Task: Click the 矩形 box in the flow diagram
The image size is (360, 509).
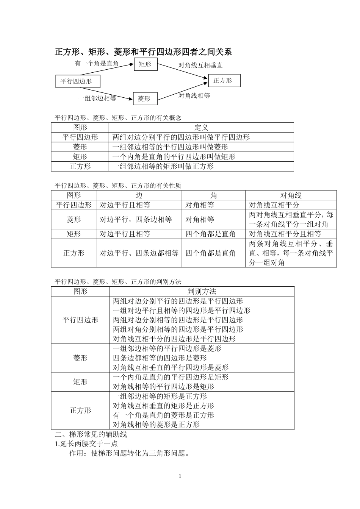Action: tap(146, 64)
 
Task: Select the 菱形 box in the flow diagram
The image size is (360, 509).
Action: tap(144, 98)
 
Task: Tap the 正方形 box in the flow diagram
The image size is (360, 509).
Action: tap(224, 80)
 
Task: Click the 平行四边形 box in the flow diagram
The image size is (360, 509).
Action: tap(77, 81)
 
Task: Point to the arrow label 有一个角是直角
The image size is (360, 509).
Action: tap(97, 63)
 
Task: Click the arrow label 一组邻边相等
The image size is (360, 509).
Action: tap(97, 98)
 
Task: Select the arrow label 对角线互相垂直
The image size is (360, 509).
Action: tap(201, 65)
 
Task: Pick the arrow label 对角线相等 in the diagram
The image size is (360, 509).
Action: tap(194, 95)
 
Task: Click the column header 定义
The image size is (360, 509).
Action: tap(201, 128)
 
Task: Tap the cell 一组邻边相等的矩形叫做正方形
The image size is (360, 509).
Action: tap(163, 166)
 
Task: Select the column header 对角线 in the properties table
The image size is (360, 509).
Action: tap(291, 195)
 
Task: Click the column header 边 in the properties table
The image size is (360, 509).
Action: tap(139, 195)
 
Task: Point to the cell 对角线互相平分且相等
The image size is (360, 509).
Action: tap(285, 234)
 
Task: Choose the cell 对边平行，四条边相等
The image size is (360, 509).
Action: tap(136, 219)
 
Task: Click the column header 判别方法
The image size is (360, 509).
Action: tap(202, 291)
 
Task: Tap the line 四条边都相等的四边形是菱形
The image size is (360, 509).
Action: tap(160, 358)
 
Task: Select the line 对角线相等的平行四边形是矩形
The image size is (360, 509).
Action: tap(164, 387)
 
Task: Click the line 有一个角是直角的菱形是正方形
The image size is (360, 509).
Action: tap(164, 415)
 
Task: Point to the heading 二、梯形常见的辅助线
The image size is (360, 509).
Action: tap(91, 434)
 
